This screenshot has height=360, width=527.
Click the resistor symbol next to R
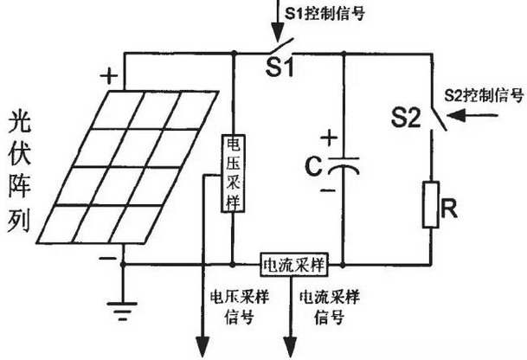point(430,204)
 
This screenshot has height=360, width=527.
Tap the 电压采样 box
point(234,173)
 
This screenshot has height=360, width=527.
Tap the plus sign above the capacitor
point(328,137)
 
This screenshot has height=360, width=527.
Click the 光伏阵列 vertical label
point(20,174)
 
